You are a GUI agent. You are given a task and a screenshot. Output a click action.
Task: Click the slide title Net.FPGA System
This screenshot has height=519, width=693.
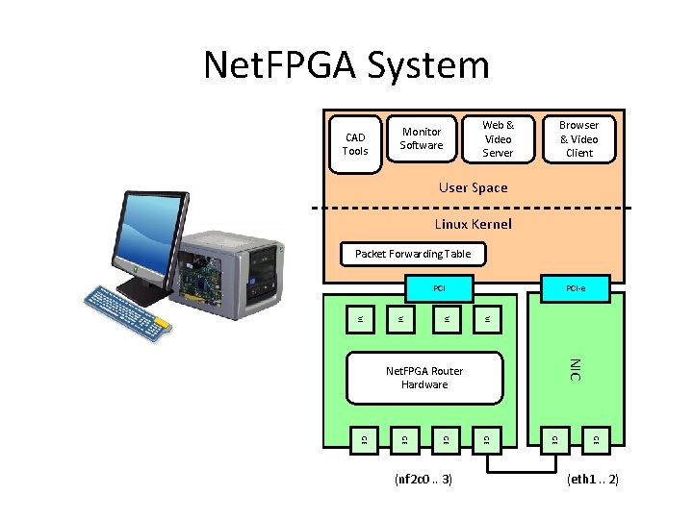tap(346, 65)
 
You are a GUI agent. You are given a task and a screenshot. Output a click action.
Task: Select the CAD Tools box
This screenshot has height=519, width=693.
tap(355, 144)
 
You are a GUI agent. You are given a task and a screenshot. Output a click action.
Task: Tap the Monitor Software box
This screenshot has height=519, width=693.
tap(422, 139)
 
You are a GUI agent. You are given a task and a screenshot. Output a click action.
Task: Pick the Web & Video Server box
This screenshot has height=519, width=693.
tap(498, 138)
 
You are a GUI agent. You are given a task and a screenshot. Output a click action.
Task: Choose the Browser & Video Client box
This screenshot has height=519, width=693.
tap(578, 138)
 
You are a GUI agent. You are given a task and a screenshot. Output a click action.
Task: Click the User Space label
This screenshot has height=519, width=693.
tap(473, 188)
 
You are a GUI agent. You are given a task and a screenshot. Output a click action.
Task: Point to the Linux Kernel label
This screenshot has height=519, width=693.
tap(473, 224)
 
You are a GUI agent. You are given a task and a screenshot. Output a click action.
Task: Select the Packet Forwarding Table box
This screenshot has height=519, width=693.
tap(413, 254)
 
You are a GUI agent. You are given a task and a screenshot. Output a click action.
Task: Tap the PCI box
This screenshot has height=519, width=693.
tap(439, 287)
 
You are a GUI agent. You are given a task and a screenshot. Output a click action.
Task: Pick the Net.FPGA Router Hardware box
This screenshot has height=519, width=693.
tap(424, 378)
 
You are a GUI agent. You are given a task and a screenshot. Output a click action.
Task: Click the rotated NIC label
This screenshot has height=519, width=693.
tap(574, 369)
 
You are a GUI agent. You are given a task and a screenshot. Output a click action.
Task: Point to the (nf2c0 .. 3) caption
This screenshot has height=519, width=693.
tap(423, 479)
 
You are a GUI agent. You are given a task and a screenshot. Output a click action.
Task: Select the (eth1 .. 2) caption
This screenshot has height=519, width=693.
tap(592, 479)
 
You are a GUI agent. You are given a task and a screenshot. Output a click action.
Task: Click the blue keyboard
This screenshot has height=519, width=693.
tap(129, 309)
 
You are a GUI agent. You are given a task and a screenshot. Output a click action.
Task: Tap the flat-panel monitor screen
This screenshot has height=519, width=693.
tap(149, 231)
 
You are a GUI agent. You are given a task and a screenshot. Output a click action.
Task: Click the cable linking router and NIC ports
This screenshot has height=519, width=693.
tap(520, 471)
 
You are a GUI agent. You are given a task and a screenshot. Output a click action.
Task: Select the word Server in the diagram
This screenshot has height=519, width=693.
tap(498, 153)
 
